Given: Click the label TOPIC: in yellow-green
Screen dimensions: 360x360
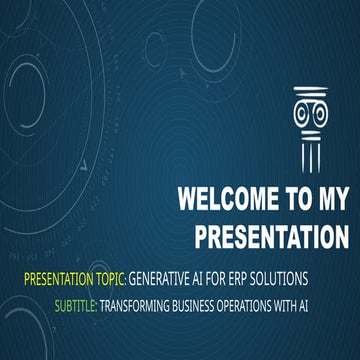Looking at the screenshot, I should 108,275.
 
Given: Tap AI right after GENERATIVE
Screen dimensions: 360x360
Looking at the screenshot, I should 206,275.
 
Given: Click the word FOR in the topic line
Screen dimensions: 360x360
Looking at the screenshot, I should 228,275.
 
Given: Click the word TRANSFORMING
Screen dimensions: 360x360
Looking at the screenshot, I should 137,301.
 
